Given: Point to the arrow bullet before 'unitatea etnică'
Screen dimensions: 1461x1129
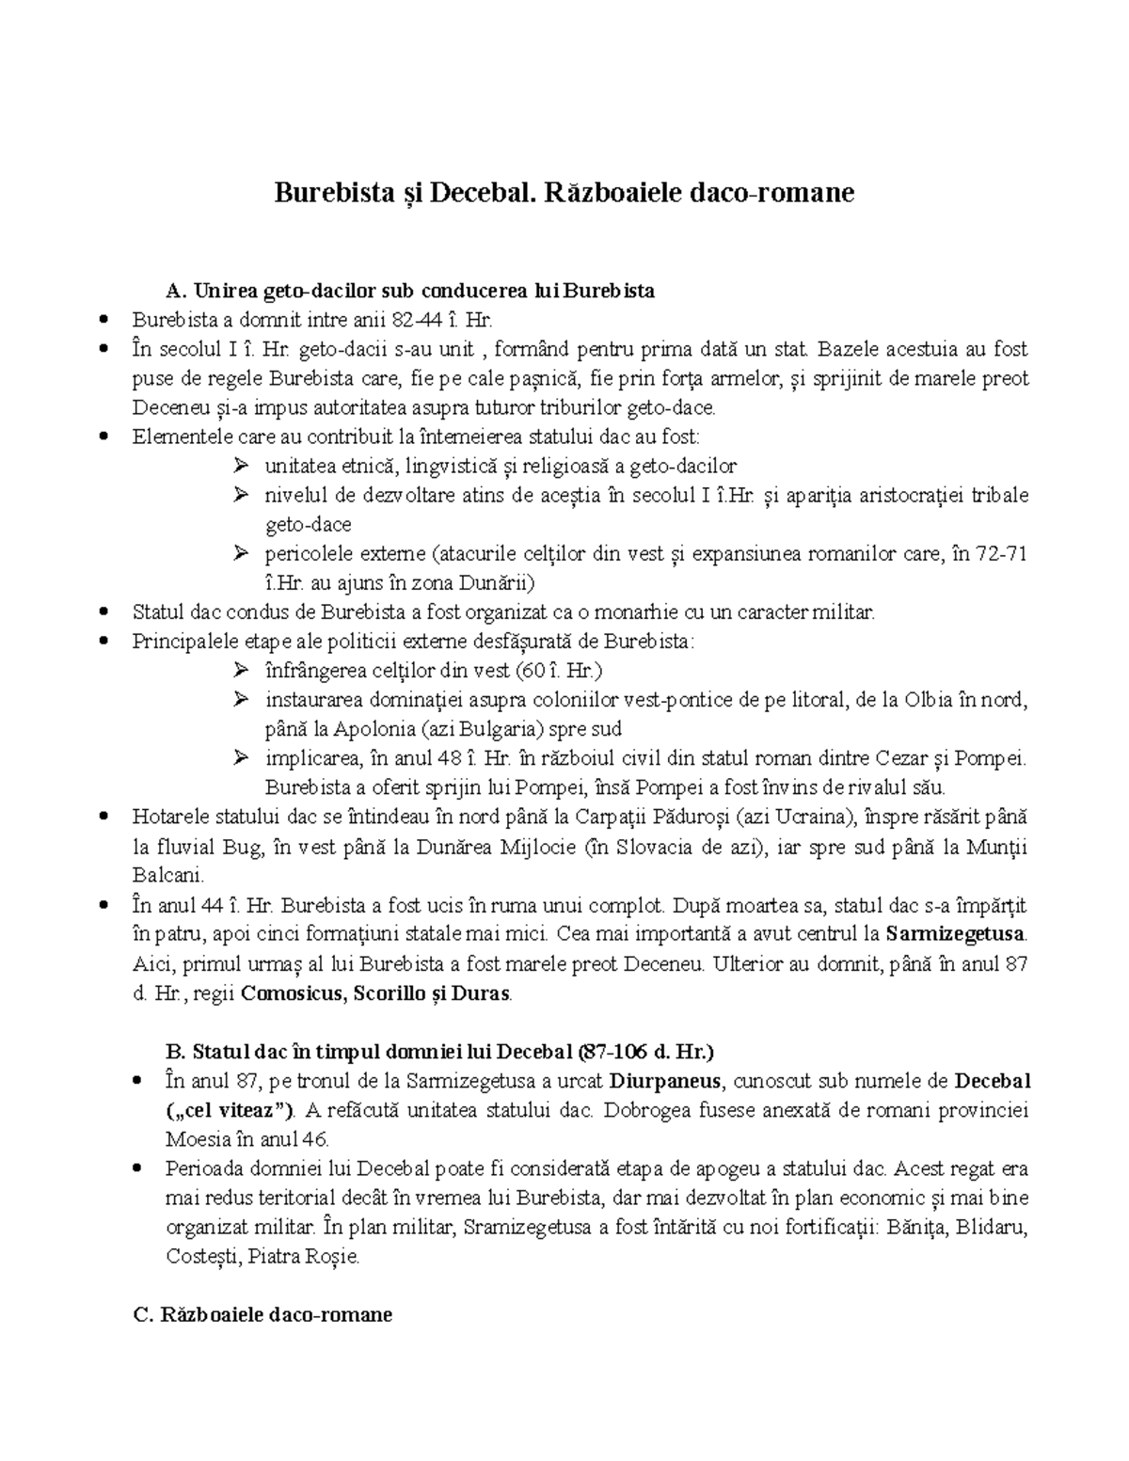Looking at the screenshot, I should (241, 466).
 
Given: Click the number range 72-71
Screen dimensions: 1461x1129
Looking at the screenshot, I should (1002, 554).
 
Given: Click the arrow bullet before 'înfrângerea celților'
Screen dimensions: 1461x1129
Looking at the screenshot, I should (241, 671).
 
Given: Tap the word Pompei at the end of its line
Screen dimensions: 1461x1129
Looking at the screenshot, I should (999, 758).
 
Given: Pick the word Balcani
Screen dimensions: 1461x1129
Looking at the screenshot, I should (167, 876).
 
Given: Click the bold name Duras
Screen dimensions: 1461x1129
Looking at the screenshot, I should (481, 993).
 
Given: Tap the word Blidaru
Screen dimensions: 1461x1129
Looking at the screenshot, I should (993, 1228).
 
